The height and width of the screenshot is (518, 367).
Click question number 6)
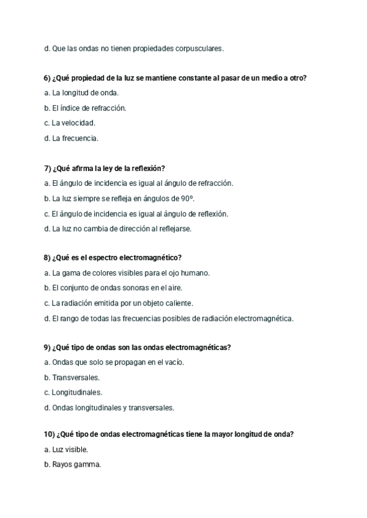48,78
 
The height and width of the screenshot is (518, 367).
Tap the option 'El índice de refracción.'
85,108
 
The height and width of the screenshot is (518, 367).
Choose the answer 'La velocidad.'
70,123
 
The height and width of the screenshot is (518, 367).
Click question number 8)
48,258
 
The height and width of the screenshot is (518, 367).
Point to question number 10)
50,434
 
